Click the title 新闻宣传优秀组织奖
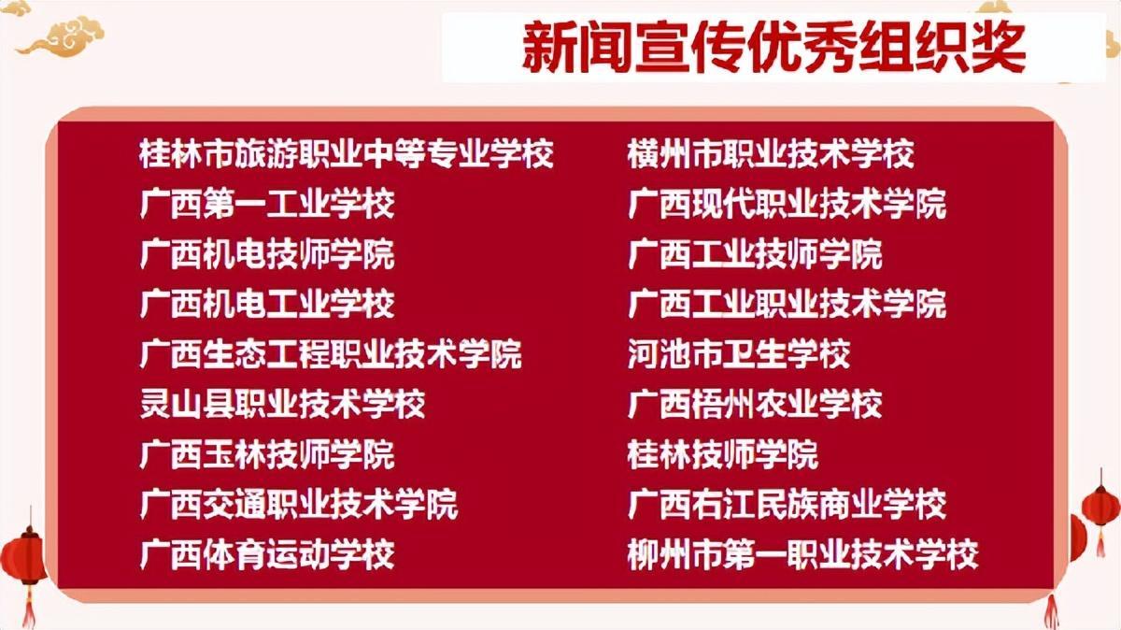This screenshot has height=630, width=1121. [773, 48]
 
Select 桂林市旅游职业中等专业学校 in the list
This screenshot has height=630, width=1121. [347, 153]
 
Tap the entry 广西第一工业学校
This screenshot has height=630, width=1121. [267, 204]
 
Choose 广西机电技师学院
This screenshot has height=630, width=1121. [267, 254]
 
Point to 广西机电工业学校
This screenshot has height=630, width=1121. [267, 304]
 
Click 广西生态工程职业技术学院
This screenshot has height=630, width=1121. [331, 354]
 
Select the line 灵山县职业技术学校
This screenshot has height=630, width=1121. [283, 404]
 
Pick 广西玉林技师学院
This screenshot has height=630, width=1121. [267, 454]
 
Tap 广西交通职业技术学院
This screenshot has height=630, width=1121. [299, 505]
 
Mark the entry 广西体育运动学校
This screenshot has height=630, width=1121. [267, 554]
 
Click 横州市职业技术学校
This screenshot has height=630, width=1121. [771, 153]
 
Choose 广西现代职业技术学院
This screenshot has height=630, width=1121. [788, 204]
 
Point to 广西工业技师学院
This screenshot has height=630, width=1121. [755, 254]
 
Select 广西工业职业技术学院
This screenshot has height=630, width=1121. [788, 304]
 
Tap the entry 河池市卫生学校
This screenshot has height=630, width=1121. [739, 354]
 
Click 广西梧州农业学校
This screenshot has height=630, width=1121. [755, 404]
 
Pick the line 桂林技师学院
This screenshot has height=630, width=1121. [723, 454]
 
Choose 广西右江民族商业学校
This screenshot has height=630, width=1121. [788, 505]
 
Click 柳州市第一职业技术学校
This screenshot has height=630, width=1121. [802, 554]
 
